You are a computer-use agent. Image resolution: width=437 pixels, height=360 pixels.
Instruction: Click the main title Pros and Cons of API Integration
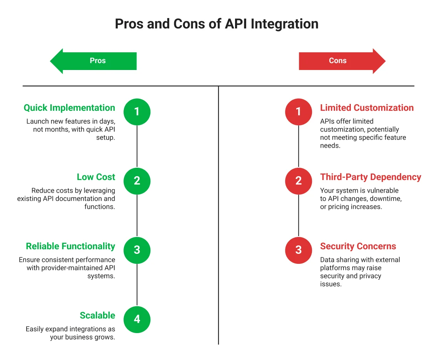click(x=217, y=24)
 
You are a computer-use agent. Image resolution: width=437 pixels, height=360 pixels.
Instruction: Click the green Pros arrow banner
click(x=94, y=61)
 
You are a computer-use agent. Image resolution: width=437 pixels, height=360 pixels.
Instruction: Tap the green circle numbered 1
click(x=137, y=112)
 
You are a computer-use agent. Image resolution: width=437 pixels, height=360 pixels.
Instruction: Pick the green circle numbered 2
click(x=137, y=181)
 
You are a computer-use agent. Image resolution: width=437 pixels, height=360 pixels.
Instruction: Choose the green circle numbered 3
click(x=137, y=250)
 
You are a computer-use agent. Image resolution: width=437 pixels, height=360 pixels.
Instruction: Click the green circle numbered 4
click(x=137, y=319)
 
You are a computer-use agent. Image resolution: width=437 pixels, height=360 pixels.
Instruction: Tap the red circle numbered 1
click(x=299, y=112)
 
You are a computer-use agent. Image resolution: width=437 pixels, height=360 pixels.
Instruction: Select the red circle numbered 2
click(x=299, y=181)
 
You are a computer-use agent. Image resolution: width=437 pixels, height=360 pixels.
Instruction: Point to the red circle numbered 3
click(x=299, y=250)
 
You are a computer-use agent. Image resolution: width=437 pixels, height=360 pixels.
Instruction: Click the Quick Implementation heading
click(x=69, y=108)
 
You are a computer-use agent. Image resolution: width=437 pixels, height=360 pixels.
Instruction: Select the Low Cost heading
click(x=96, y=177)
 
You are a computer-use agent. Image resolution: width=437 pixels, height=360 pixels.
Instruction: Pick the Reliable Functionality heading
click(x=70, y=247)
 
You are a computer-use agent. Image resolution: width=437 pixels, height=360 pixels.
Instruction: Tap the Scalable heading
click(x=97, y=316)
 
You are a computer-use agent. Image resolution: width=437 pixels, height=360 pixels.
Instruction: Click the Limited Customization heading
click(x=367, y=108)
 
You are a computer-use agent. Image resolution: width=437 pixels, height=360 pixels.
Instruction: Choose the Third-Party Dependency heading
click(x=371, y=177)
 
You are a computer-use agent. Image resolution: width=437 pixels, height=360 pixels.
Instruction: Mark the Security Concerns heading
click(x=358, y=247)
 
